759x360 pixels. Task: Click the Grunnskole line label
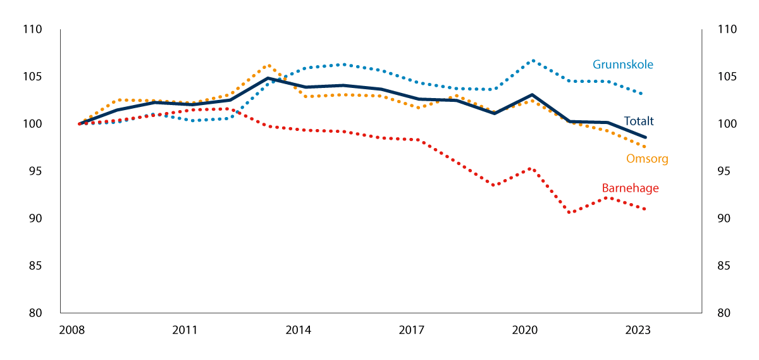coord(622,65)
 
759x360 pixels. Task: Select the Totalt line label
coord(639,121)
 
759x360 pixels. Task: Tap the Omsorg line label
coord(647,159)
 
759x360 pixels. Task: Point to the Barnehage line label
coord(630,188)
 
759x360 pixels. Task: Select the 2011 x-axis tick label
coord(185,330)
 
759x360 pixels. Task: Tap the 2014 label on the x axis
coord(298,330)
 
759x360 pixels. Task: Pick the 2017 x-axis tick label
coord(411,330)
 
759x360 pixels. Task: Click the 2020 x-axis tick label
coord(524,330)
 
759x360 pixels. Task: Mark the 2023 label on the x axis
coord(638,330)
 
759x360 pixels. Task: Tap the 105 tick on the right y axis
coord(726,77)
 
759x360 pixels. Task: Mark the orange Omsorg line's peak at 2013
coord(268,65)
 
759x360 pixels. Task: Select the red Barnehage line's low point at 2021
coord(570,212)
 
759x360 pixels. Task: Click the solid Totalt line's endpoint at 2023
coord(645,137)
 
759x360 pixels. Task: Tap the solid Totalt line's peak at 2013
coord(268,78)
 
